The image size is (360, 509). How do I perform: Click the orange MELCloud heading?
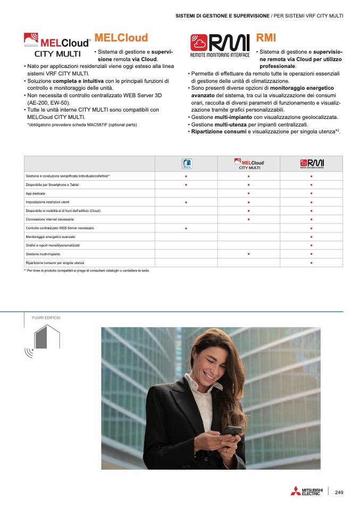[121, 38]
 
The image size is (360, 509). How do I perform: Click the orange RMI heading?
[266, 38]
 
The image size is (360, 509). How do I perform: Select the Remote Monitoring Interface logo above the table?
[220, 46]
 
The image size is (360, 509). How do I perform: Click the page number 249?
[339, 493]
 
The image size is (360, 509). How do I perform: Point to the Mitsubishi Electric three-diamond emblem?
[295, 491]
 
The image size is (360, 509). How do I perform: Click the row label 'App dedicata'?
[35, 193]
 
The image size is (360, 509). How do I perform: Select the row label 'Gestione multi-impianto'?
[43, 254]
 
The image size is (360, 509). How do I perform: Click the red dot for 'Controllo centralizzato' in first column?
[186, 228]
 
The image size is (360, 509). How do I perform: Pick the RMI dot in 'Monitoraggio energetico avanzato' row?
[311, 237]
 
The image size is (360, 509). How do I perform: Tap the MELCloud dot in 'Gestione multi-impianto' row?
[248, 254]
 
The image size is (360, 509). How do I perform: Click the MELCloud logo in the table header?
[249, 163]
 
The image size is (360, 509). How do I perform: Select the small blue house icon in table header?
[186, 164]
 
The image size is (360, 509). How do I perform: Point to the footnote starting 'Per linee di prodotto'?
[88, 270]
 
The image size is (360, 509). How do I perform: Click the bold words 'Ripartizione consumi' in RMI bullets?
[219, 131]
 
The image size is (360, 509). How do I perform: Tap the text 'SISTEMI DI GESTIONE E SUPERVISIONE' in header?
[222, 16]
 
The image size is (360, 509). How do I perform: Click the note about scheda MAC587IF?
[82, 124]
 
